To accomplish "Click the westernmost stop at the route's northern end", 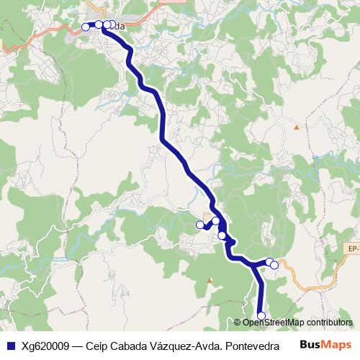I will [x=86, y=27].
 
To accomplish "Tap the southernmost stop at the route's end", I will [x=261, y=315].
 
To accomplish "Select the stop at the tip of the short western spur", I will [x=200, y=225].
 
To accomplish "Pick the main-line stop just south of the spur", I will [x=222, y=235].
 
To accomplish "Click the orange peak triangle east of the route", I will [x=296, y=127].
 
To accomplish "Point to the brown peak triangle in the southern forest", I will [x=210, y=280].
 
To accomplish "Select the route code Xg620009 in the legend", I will [x=45, y=345].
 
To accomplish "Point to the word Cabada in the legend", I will [x=130, y=345].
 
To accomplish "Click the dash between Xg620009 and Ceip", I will [x=77, y=345].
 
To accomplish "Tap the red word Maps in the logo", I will [x=336, y=344].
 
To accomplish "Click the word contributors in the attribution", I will [x=328, y=322].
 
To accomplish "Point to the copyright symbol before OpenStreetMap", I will [x=239, y=322].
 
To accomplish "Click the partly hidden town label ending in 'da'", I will [x=118, y=27].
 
